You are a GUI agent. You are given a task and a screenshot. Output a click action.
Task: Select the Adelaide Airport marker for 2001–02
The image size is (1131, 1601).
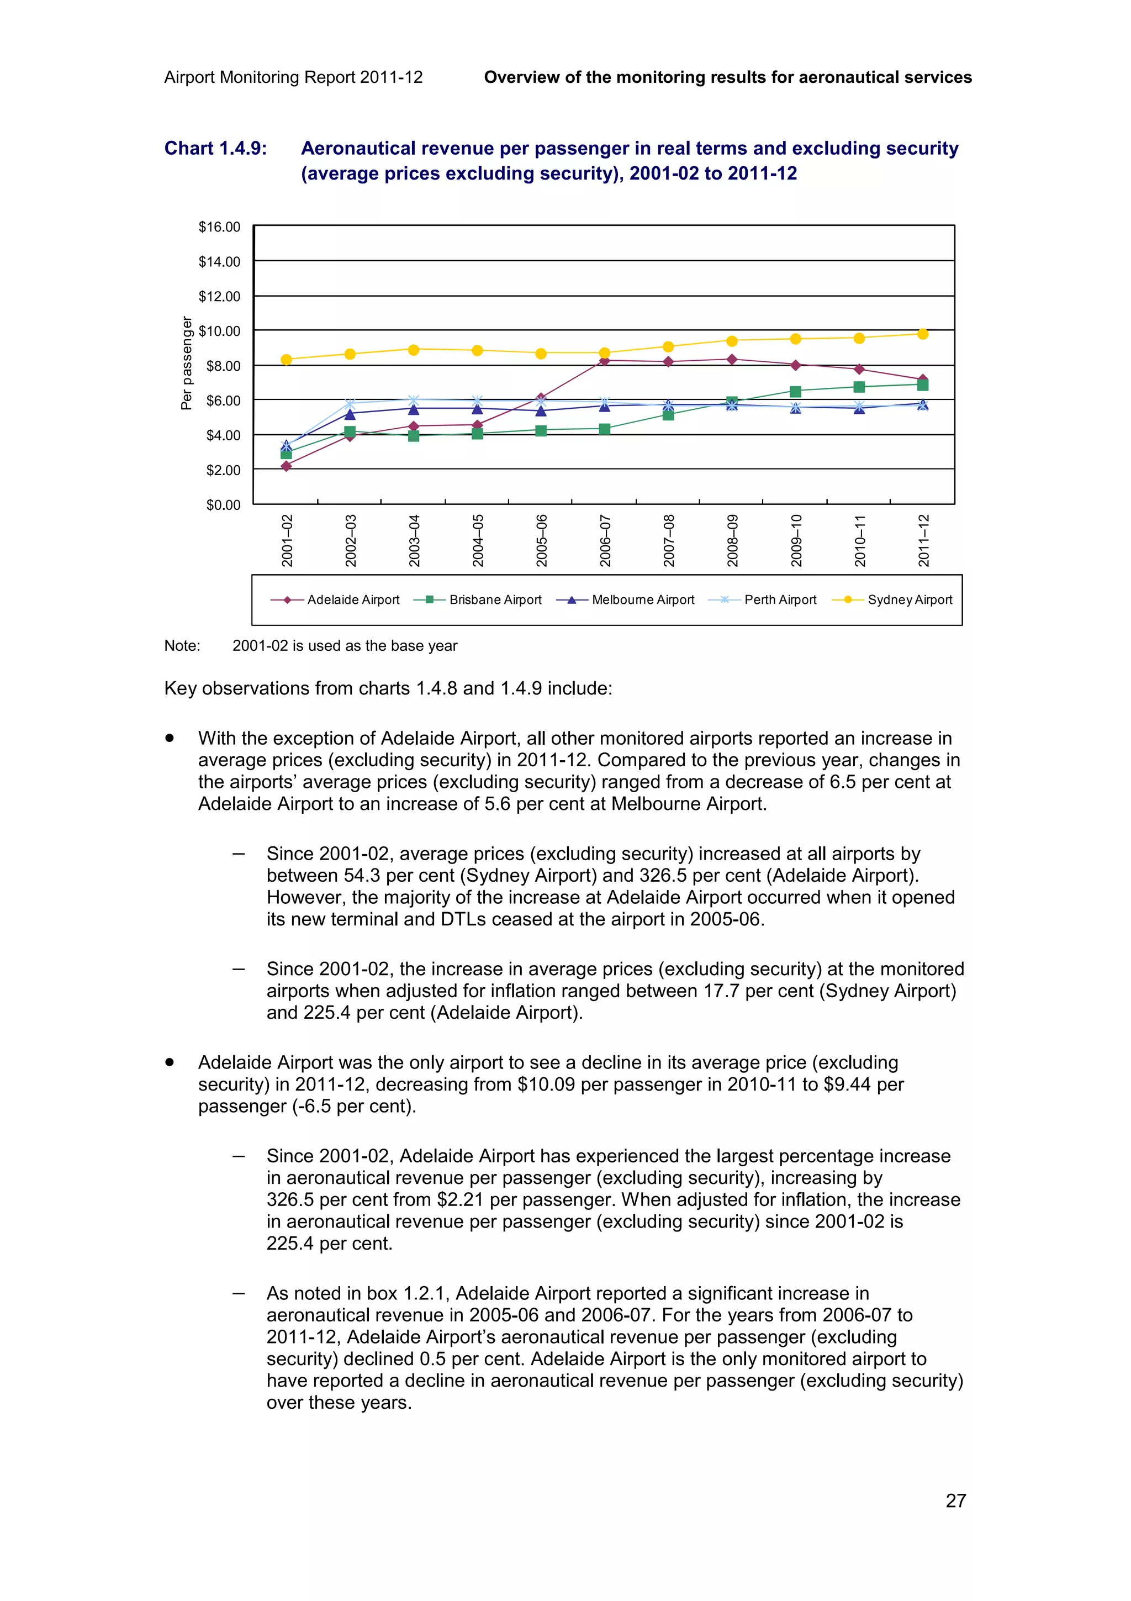(x=286, y=466)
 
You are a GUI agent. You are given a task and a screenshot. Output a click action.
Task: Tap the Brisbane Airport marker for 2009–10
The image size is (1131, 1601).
(x=795, y=391)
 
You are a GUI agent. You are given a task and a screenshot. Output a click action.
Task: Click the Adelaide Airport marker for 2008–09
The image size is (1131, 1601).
(x=732, y=360)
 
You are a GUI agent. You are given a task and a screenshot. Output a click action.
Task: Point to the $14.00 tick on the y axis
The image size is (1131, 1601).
(x=219, y=261)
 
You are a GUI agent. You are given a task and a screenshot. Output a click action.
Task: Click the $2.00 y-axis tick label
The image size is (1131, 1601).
(x=223, y=470)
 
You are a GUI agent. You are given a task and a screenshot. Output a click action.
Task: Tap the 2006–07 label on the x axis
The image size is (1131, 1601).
(x=605, y=540)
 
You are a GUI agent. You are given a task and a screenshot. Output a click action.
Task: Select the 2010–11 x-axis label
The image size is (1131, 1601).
(x=859, y=540)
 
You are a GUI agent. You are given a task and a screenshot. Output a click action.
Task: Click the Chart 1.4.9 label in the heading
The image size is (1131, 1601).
(x=215, y=149)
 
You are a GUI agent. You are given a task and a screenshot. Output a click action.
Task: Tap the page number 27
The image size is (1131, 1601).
(x=955, y=1500)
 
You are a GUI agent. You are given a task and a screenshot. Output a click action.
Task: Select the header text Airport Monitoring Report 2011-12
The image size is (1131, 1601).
(x=293, y=77)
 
